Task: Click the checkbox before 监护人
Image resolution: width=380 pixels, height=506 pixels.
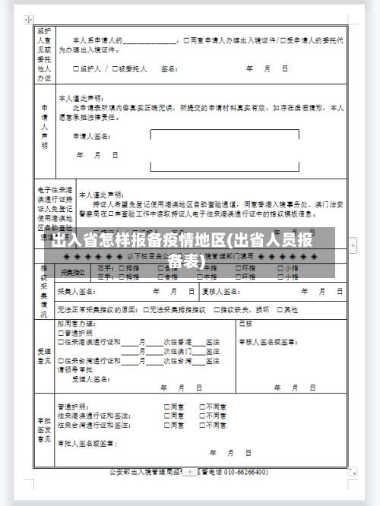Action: (75, 68)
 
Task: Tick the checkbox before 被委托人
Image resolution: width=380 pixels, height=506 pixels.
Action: (115, 68)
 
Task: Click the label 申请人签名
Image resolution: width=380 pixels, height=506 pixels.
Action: (92, 137)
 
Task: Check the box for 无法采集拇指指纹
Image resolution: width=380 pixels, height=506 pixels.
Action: (144, 309)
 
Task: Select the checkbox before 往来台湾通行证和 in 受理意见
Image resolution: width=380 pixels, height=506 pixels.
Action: (60, 359)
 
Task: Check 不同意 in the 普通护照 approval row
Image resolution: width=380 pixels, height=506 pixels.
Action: (201, 406)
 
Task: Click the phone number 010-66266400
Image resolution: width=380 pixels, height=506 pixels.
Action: (245, 472)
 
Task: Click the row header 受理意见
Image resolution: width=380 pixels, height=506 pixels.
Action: (43, 356)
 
